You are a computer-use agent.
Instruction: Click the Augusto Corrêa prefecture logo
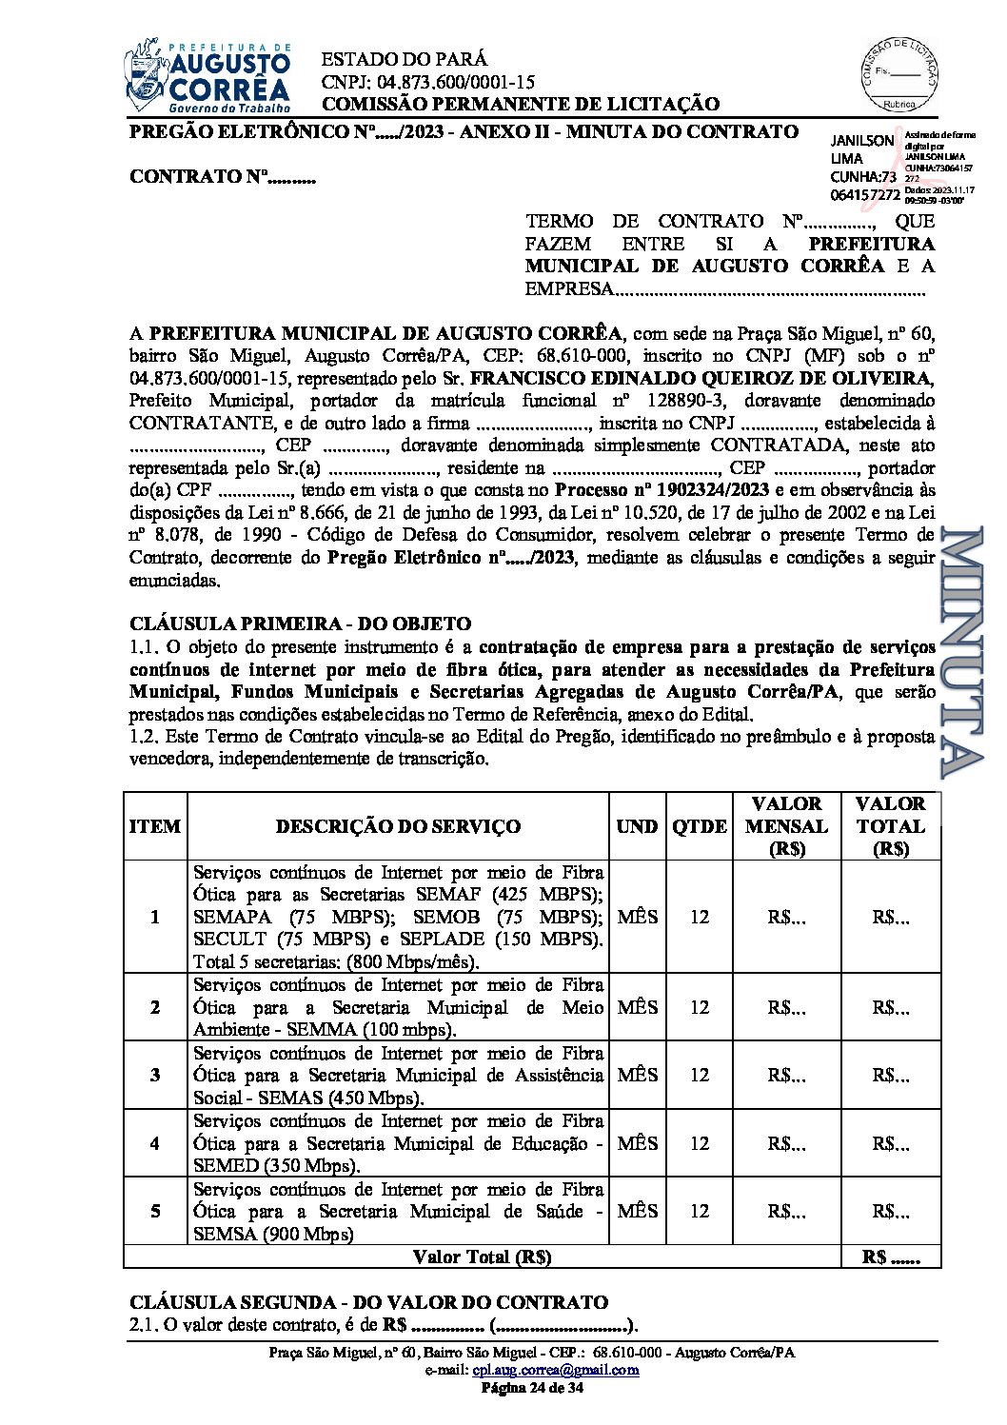207,76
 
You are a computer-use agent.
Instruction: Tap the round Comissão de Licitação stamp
898,73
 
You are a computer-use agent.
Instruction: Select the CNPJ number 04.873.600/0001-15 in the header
428,82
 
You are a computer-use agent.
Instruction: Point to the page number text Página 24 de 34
532,1388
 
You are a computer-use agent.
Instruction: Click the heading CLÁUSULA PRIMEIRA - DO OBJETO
300,624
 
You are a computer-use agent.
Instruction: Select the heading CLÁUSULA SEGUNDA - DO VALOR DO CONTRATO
368,1302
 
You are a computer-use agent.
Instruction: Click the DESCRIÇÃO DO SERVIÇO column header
398,826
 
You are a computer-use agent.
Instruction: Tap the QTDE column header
700,826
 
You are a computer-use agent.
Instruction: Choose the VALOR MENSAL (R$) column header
786,826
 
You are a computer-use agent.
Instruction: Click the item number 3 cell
155,1075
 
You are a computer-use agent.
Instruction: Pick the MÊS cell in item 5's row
637,1211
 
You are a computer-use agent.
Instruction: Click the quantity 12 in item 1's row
700,917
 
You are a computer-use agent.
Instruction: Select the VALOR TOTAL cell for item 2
891,1007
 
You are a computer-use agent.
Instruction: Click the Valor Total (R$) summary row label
483,1257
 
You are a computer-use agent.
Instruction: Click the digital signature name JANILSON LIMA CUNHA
863,167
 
